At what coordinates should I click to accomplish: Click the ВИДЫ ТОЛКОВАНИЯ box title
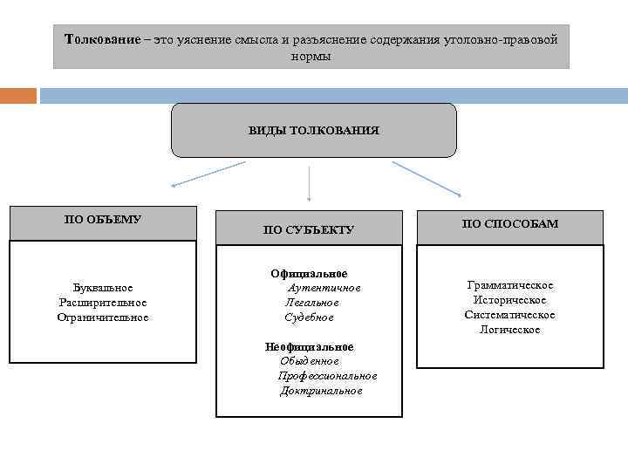(313, 130)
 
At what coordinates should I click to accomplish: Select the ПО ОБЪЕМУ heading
(103, 219)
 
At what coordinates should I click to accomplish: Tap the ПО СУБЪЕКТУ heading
(309, 230)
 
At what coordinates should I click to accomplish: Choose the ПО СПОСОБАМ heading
(510, 224)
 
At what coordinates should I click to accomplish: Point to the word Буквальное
(103, 287)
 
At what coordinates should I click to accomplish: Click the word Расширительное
(103, 302)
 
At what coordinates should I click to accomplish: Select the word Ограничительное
(103, 317)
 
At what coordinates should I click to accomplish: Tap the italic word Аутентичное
(324, 288)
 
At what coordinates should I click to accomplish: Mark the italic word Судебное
(309, 317)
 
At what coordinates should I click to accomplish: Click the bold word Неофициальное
(309, 346)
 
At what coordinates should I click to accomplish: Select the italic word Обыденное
(309, 361)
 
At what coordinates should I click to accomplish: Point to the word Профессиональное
(327, 376)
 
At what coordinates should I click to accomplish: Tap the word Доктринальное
(321, 391)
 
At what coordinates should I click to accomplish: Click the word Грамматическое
(510, 285)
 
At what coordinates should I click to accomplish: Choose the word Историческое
(510, 300)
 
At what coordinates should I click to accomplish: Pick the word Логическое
(510, 330)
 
